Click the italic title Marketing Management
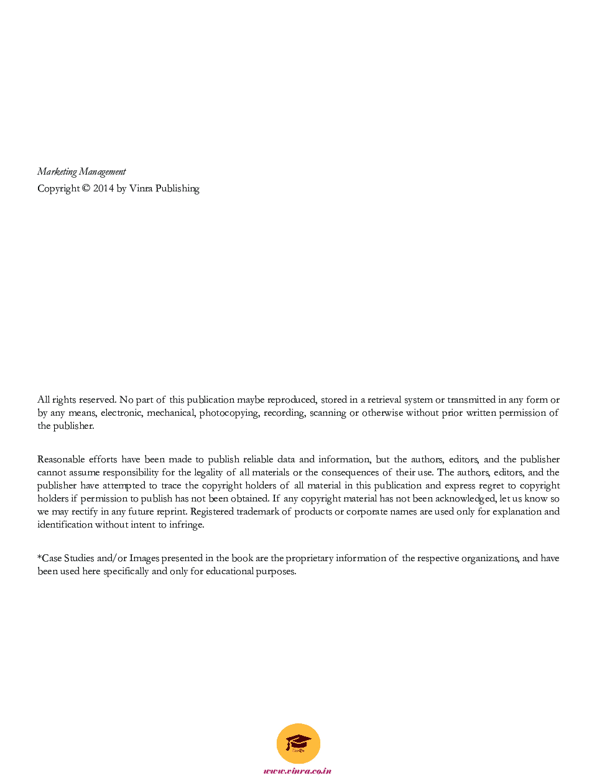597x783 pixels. (81, 172)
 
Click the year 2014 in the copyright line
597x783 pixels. (103, 188)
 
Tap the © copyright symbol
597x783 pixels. (86, 188)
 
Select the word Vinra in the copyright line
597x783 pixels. (141, 188)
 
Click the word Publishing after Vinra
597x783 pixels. (177, 188)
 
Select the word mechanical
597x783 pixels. (170, 413)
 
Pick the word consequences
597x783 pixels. (350, 472)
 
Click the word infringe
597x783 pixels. (186, 524)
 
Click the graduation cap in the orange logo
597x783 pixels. (298, 741)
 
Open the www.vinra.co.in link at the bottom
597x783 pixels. (297, 771)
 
